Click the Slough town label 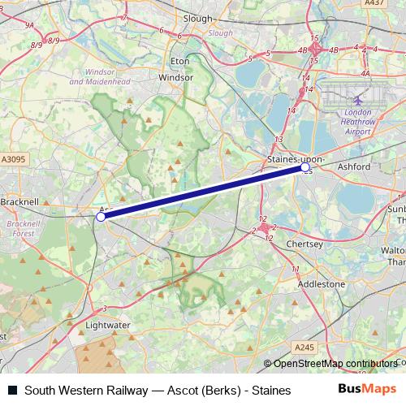click(198, 19)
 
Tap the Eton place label click(179, 61)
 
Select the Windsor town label click(176, 77)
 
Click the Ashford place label click(353, 166)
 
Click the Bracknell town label click(19, 201)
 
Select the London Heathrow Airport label click(357, 122)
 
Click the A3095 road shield click(14, 161)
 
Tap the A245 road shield click(304, 348)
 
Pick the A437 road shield click(374, 3)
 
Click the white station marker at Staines click(304, 169)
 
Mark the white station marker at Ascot click(101, 217)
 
